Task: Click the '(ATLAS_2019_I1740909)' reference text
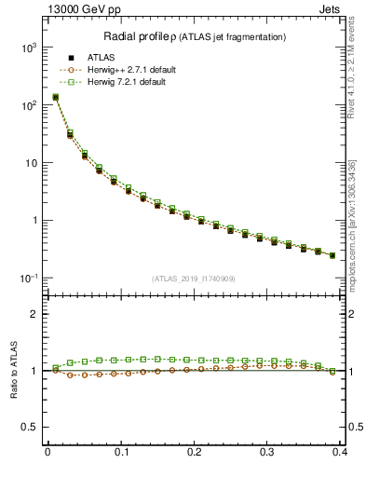click(x=194, y=279)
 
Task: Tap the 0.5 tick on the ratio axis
click(x=29, y=428)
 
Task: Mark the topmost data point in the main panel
click(x=55, y=97)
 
